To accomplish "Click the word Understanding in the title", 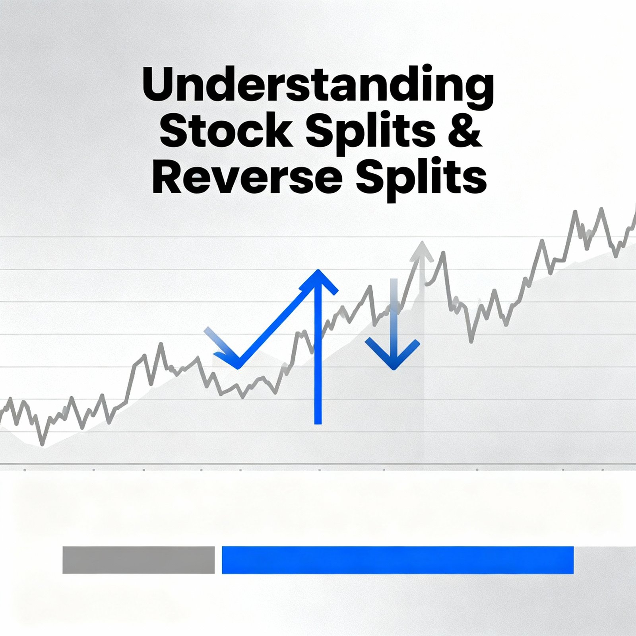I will (x=318, y=84).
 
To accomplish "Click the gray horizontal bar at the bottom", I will (x=138, y=560).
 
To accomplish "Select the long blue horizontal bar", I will (x=397, y=560).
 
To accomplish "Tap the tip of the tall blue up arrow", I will (x=318, y=271).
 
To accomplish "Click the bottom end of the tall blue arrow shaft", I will (x=318, y=422).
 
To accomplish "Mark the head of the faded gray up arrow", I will (x=422, y=248).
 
